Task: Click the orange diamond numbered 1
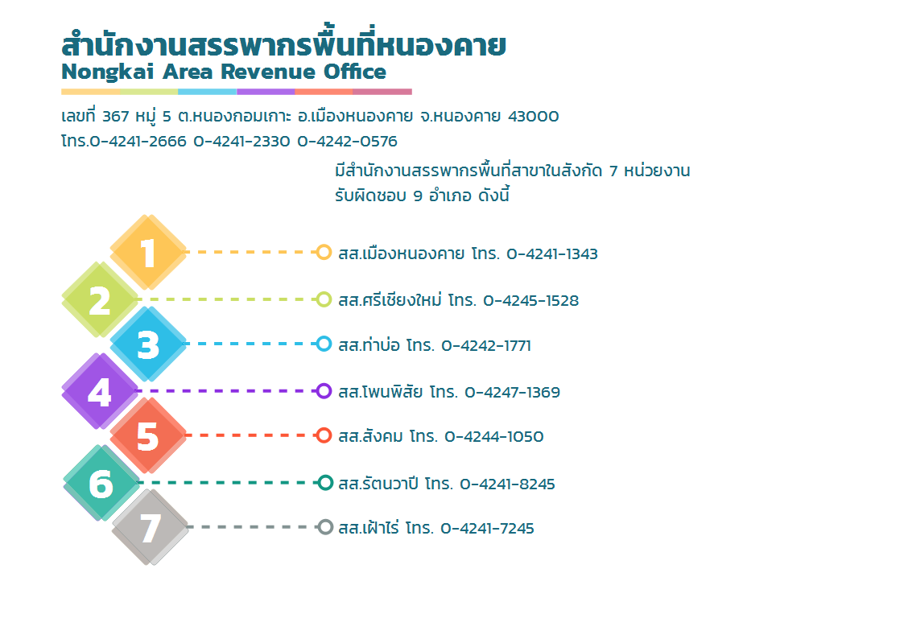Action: click(x=148, y=253)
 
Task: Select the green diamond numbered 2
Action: click(x=101, y=299)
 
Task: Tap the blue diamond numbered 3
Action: click(x=148, y=344)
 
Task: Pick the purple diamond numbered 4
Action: click(x=101, y=391)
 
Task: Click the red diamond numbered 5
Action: click(x=148, y=435)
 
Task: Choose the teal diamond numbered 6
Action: click(x=101, y=483)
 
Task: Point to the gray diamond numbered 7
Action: click(x=150, y=527)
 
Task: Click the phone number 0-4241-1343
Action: click(x=551, y=254)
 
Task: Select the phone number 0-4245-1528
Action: click(x=531, y=300)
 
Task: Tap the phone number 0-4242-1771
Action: click(x=486, y=345)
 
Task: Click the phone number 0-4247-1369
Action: click(x=513, y=392)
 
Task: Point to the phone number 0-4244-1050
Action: click(x=494, y=436)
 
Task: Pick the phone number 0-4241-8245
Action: click(x=507, y=484)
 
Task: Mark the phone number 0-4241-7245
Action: click(x=487, y=528)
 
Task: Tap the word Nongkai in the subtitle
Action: click(x=108, y=72)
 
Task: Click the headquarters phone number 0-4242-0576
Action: click(x=347, y=141)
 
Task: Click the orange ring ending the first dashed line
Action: click(x=324, y=253)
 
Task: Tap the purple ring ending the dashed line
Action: click(x=324, y=391)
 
